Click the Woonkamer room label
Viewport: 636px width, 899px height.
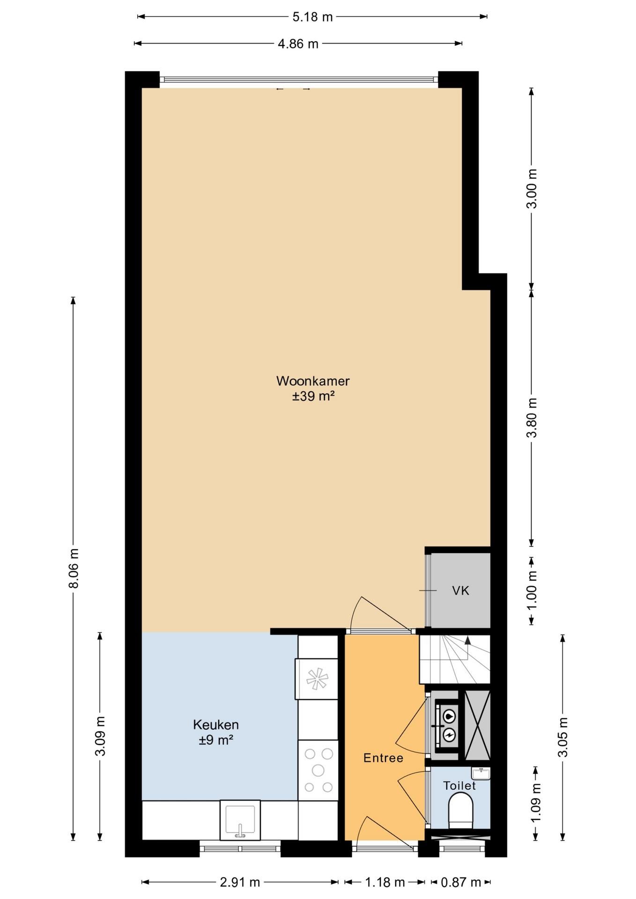[x=313, y=381]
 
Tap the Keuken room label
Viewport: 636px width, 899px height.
[x=216, y=724]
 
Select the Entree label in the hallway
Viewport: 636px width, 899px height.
[x=383, y=758]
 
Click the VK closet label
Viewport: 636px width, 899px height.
[x=460, y=590]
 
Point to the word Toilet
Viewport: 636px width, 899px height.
[x=459, y=785]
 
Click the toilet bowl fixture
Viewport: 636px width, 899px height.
[x=461, y=811]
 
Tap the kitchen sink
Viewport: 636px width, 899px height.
[x=240, y=819]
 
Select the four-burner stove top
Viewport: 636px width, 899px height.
[x=318, y=770]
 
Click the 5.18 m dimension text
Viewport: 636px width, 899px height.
[x=312, y=17]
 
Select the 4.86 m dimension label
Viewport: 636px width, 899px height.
[x=298, y=44]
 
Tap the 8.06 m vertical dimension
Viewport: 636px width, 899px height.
[x=74, y=568]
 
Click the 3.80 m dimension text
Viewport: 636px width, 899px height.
[x=532, y=418]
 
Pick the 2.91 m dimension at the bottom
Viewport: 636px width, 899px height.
[x=240, y=883]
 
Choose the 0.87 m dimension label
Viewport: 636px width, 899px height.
[x=461, y=883]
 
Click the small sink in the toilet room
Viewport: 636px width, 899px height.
[x=481, y=774]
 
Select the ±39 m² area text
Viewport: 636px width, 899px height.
[x=313, y=396]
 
